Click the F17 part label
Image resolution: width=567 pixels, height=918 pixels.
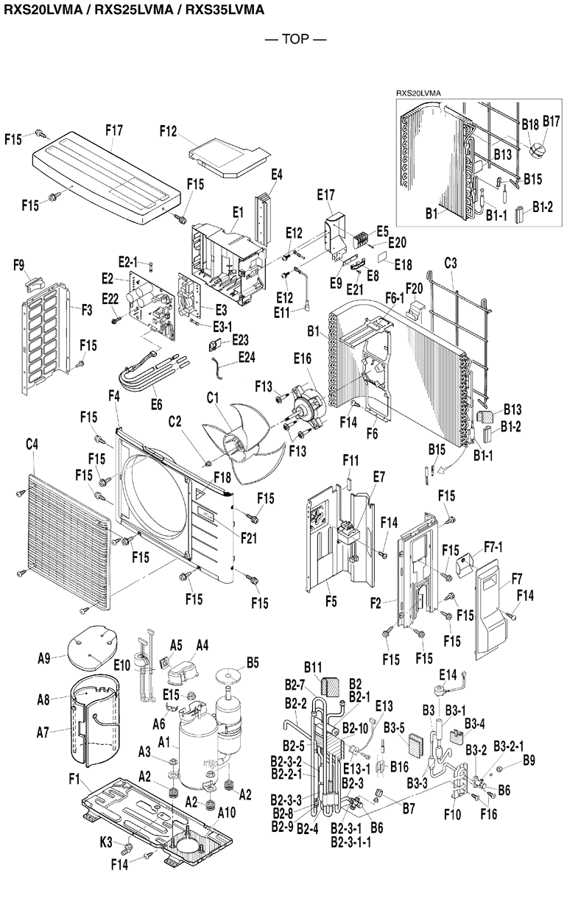[x=113, y=130]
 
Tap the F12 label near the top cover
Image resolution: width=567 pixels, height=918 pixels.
[x=169, y=131]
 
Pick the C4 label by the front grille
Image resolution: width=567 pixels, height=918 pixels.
[x=32, y=445]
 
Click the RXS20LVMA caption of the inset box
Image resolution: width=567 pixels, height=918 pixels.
[x=422, y=93]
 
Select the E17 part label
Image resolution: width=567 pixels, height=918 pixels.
[x=325, y=195]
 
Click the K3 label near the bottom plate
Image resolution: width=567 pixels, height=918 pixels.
[x=106, y=839]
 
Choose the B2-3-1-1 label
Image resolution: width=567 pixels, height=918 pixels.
[x=351, y=841]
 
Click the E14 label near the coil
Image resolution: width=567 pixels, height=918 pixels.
[x=448, y=675]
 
